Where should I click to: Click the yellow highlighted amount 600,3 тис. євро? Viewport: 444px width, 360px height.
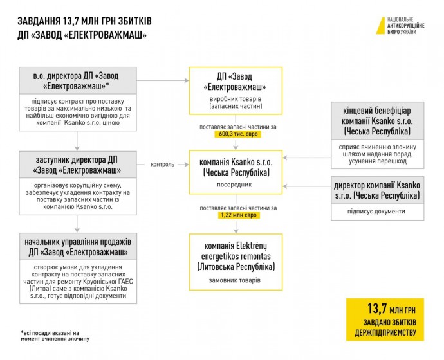pyautogui.click(x=236, y=134)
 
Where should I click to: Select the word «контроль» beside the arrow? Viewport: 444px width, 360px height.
pyautogui.click(x=163, y=164)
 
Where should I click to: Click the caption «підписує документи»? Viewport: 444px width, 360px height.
pyautogui.click(x=378, y=212)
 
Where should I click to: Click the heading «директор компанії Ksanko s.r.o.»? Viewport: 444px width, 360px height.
pyautogui.click(x=378, y=190)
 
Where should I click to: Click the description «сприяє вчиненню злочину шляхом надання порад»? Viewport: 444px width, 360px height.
pyautogui.click(x=378, y=150)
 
